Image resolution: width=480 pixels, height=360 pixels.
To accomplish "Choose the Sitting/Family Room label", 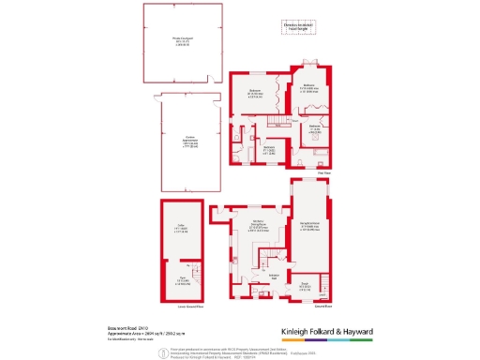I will (x=312, y=226).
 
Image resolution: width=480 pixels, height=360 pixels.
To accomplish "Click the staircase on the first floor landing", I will (x=278, y=119).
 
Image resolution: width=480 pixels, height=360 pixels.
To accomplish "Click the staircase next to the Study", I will (x=322, y=282).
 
